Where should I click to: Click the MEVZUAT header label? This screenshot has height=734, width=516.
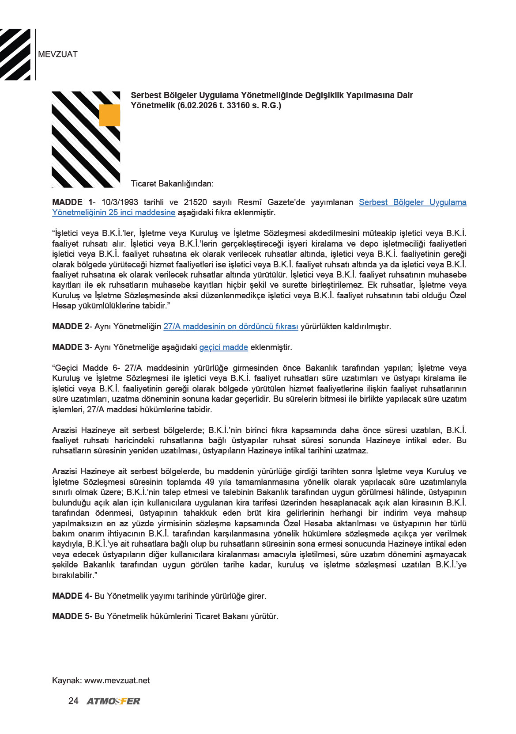(x=58, y=54)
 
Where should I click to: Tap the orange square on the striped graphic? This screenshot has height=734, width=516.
(x=109, y=115)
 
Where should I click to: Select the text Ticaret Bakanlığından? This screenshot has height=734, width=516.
(x=172, y=184)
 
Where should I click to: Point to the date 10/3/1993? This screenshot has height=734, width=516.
(x=120, y=202)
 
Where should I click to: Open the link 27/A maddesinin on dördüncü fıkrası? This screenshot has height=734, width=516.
(x=230, y=327)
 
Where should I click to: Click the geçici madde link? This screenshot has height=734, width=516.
(x=223, y=347)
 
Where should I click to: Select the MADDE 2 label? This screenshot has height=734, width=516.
(x=71, y=327)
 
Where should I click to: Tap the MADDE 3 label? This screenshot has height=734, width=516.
(x=71, y=347)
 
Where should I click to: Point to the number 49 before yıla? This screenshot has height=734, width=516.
(x=210, y=482)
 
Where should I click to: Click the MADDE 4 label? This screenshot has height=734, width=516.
(x=72, y=596)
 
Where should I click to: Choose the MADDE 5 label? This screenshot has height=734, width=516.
(x=72, y=616)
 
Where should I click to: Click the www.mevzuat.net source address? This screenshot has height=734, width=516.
(x=117, y=681)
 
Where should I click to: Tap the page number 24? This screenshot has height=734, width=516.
(x=73, y=701)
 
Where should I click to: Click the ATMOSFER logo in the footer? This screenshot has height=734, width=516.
(x=113, y=701)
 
